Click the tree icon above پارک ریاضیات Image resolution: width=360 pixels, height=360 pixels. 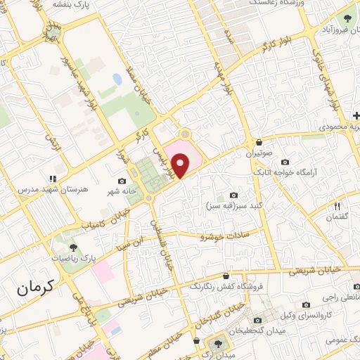tap(73, 247)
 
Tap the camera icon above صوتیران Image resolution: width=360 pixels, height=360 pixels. tap(259, 141)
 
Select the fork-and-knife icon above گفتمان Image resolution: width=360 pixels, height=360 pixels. tap(337, 206)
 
